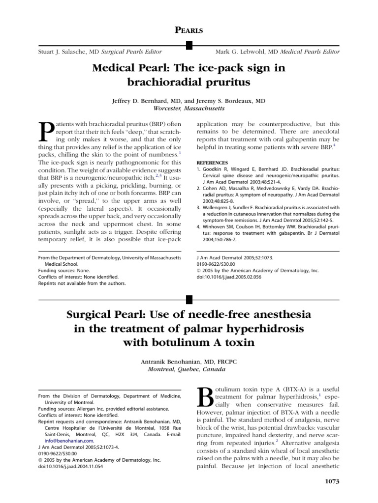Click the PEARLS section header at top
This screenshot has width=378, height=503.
pos(189,30)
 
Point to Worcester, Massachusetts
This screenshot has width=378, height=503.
pos(189,108)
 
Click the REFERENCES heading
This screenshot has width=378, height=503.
pos(213,162)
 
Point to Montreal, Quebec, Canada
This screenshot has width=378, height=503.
pos(189,369)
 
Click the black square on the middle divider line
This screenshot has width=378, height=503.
pos(189,298)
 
